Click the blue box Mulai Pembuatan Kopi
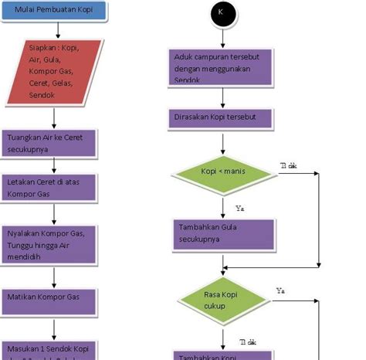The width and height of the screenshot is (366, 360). pyautogui.click(x=53, y=13)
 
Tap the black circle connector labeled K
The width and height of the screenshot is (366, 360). pyautogui.click(x=222, y=14)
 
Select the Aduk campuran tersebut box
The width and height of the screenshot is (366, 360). pyautogui.click(x=222, y=68)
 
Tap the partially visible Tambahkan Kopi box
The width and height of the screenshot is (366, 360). pyautogui.click(x=222, y=355)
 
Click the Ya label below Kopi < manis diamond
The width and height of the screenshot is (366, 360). pyautogui.click(x=239, y=208)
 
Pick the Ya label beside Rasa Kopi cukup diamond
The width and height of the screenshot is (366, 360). pyautogui.click(x=281, y=290)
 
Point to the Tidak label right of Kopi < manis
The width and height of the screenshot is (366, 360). pyautogui.click(x=289, y=165)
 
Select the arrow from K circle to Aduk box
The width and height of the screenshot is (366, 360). pyautogui.click(x=222, y=37)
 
